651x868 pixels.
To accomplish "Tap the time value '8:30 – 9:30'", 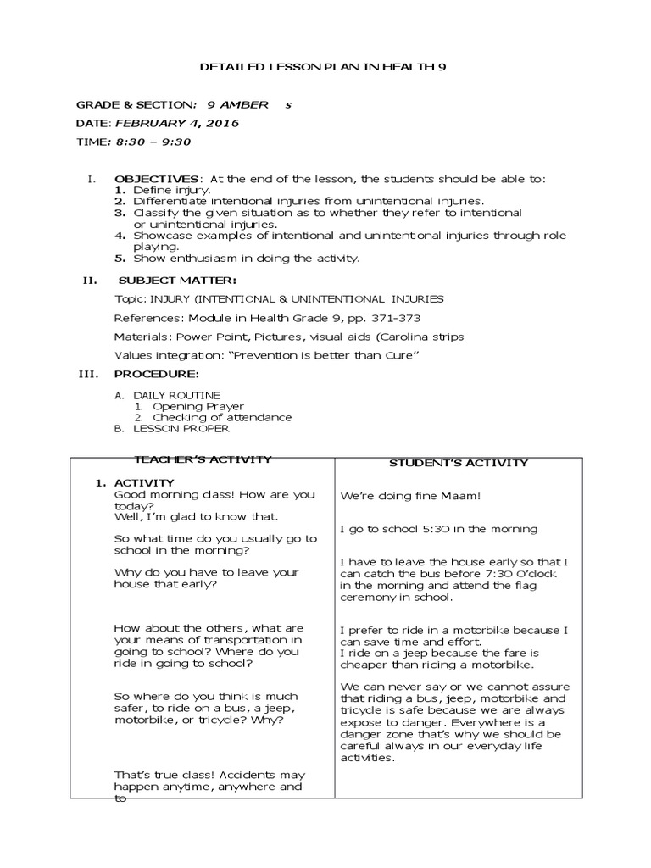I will click(x=146, y=142).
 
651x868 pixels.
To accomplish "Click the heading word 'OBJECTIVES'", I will click(x=158, y=179).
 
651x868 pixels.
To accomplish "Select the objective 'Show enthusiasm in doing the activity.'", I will click(x=246, y=258).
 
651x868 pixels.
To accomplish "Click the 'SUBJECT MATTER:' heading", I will click(x=177, y=281).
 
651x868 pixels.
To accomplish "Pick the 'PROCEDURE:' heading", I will click(x=157, y=374).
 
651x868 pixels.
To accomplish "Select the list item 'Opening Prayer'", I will click(x=198, y=406).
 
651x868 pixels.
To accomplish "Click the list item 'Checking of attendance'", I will click(x=222, y=417).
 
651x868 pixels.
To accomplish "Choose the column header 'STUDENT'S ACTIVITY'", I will click(x=458, y=463).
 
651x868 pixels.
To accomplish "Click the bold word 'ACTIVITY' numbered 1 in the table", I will click(x=144, y=482).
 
